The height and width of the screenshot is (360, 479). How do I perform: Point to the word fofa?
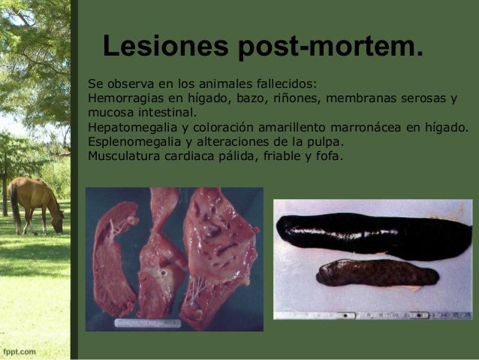[328, 156]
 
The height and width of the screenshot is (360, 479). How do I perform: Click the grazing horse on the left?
[36, 203]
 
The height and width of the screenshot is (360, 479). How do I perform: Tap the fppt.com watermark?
[20, 350]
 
